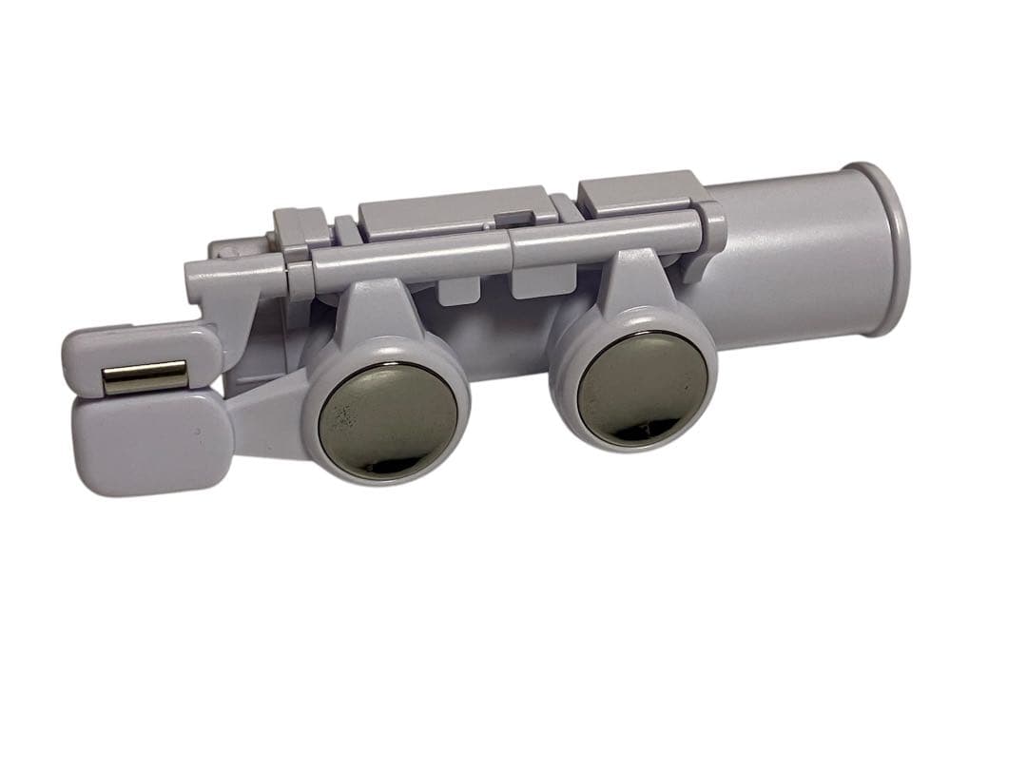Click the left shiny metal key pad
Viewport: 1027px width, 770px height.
(387, 419)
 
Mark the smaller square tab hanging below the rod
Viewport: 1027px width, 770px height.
(456, 290)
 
